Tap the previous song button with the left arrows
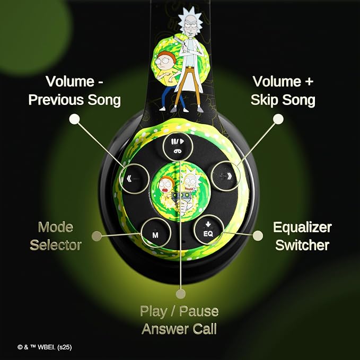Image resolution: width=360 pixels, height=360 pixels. pyautogui.click(x=134, y=178)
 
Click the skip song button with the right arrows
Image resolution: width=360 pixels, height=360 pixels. pyautogui.click(x=226, y=176)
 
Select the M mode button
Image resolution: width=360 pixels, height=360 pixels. pyautogui.click(x=156, y=233)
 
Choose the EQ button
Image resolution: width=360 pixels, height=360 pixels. pyautogui.click(x=209, y=230)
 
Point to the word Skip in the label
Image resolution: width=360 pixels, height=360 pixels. pyautogui.click(x=264, y=100)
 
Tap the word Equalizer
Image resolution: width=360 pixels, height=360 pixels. pyautogui.click(x=302, y=228)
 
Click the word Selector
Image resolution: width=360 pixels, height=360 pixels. pyautogui.click(x=56, y=245)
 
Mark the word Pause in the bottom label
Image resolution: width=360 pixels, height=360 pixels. pyautogui.click(x=199, y=311)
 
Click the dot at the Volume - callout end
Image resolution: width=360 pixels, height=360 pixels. pyautogui.click(x=74, y=119)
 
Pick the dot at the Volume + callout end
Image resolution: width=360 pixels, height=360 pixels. pyautogui.click(x=278, y=119)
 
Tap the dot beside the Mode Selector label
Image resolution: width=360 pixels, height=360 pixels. pyautogui.click(x=96, y=236)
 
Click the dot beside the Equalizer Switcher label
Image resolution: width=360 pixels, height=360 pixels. pyautogui.click(x=258, y=236)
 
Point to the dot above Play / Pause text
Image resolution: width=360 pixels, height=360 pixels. pyautogui.click(x=180, y=294)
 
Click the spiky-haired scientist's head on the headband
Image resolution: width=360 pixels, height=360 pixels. pyautogui.click(x=190, y=22)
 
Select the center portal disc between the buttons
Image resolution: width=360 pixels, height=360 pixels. pyautogui.click(x=180, y=191)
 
